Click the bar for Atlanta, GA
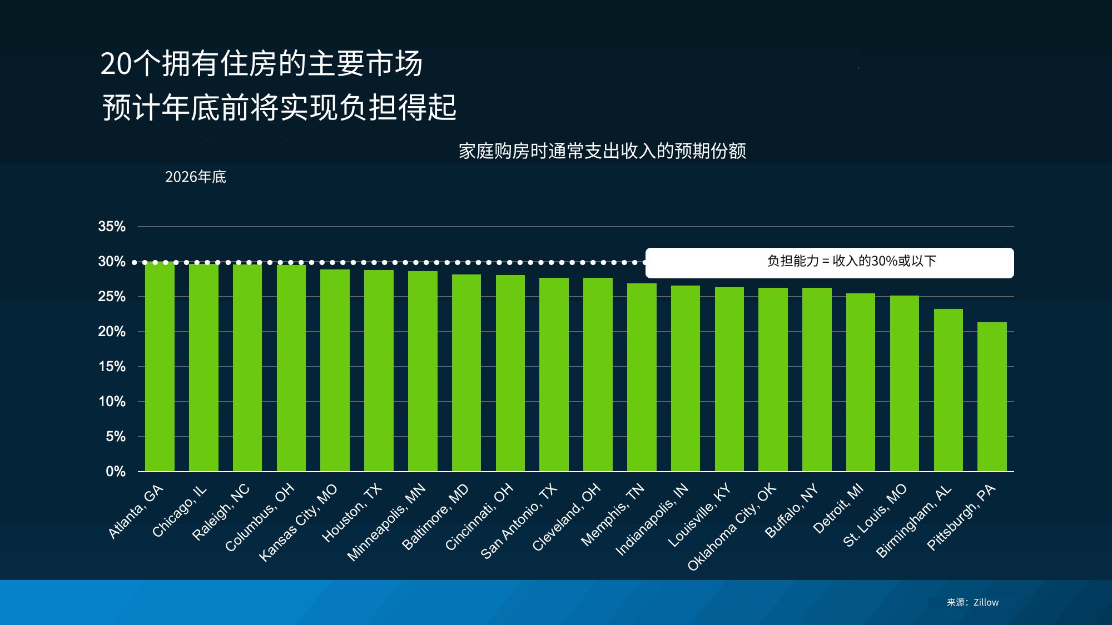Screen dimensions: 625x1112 click(x=160, y=367)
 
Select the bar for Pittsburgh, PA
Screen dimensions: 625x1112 click(x=992, y=397)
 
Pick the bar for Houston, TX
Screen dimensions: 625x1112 click(x=379, y=371)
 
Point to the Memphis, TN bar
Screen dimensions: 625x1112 click(x=642, y=377)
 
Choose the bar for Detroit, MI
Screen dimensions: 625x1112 click(x=861, y=382)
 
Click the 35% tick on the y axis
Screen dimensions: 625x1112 click(x=112, y=227)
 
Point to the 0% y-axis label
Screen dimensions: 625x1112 click(x=116, y=472)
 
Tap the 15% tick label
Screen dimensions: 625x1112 click(x=112, y=367)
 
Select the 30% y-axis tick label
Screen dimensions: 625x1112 click(x=112, y=262)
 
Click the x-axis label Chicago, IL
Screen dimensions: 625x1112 click(x=180, y=511)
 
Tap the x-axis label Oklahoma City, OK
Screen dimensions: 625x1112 click(x=732, y=527)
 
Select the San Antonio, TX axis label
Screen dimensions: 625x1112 click(x=519, y=521)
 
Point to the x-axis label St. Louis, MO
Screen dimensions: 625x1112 click(x=875, y=515)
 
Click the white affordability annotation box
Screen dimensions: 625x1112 click(x=829, y=262)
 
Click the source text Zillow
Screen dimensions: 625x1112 click(x=986, y=602)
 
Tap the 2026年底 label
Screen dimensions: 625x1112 click(x=196, y=177)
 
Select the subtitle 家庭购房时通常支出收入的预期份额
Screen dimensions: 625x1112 click(x=602, y=151)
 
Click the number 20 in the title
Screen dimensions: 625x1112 click(x=116, y=64)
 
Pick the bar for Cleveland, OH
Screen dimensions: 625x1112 click(x=598, y=374)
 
